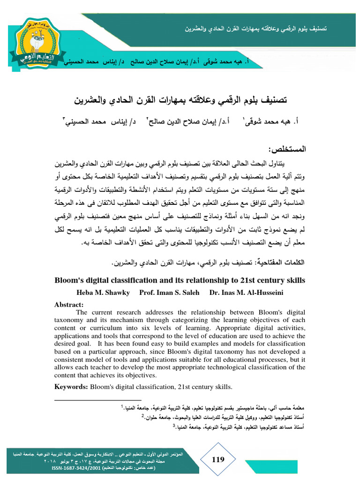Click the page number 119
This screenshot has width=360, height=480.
[218, 460]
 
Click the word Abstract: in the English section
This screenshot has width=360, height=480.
[69, 304]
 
